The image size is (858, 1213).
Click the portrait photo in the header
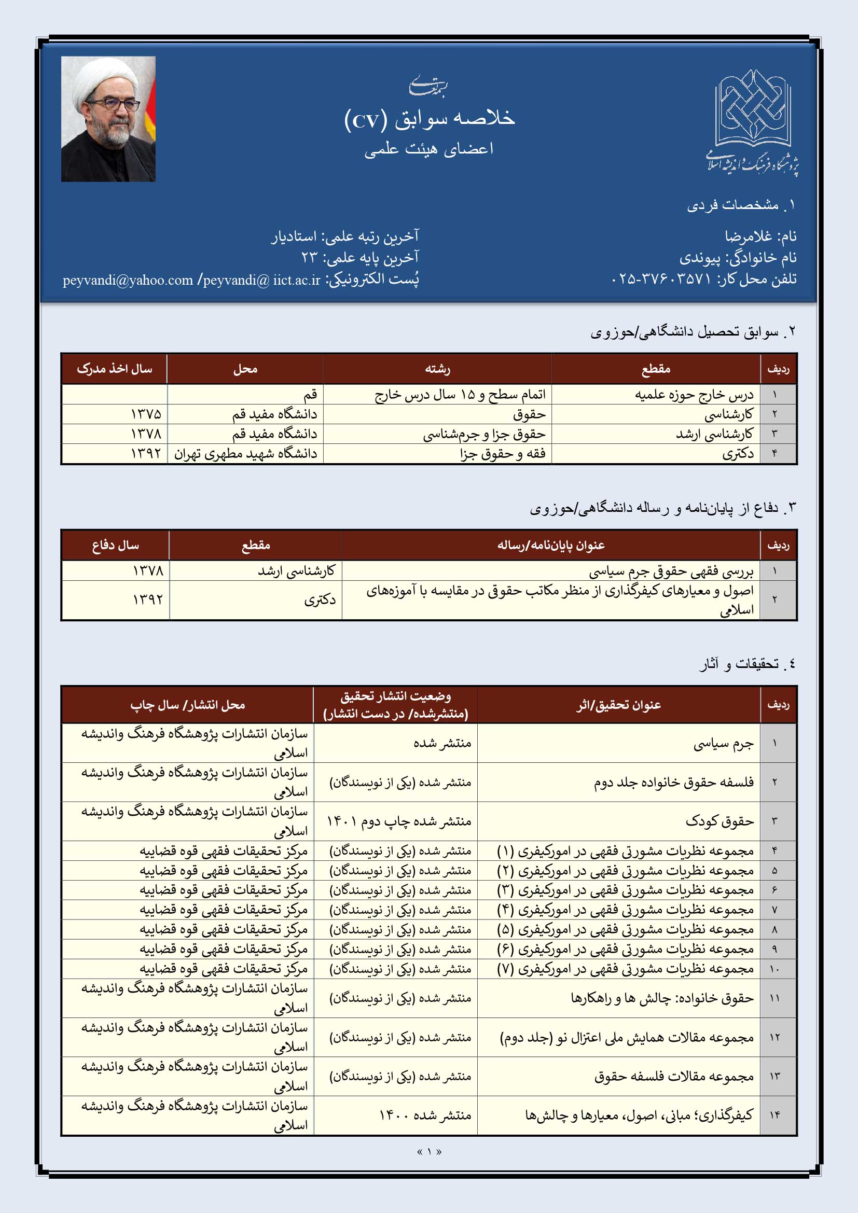pos(108,119)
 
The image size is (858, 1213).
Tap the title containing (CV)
pos(429,119)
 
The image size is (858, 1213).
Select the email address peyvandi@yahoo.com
pos(128,280)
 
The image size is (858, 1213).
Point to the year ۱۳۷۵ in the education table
pos(146,414)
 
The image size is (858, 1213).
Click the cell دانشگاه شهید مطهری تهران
pos(246,454)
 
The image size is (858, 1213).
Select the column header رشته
pos(437,369)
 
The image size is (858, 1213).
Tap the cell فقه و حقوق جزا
pos(503,454)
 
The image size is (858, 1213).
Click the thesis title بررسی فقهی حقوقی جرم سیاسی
pos(671,571)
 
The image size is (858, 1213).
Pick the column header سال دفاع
pos(115,545)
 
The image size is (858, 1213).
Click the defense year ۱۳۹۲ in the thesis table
pos(148,599)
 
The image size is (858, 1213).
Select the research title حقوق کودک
pos(719,821)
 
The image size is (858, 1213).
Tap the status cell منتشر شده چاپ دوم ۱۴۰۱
pos(399,821)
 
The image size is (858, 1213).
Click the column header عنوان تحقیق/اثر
pos(619,705)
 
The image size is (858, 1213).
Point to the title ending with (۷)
pos(626,968)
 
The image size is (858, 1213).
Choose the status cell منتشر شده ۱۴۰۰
pos(425,1115)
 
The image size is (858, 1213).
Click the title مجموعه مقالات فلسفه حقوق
pos(674,1076)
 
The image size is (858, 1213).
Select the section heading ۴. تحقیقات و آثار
pos(747,664)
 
